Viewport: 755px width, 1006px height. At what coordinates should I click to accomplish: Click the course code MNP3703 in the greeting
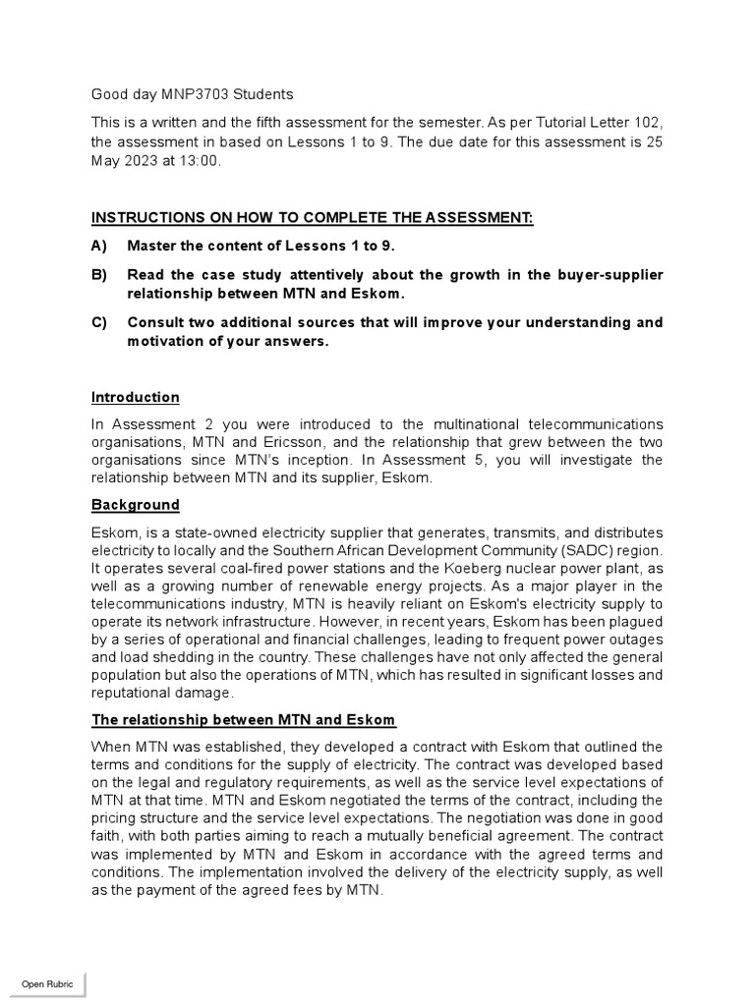(x=196, y=94)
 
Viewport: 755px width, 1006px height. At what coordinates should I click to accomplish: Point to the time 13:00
(x=200, y=162)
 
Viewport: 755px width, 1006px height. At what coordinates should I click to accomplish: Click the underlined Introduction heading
(x=136, y=398)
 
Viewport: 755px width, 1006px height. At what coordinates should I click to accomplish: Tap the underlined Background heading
(x=136, y=505)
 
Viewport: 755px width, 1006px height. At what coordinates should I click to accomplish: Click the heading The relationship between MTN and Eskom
(x=243, y=719)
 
